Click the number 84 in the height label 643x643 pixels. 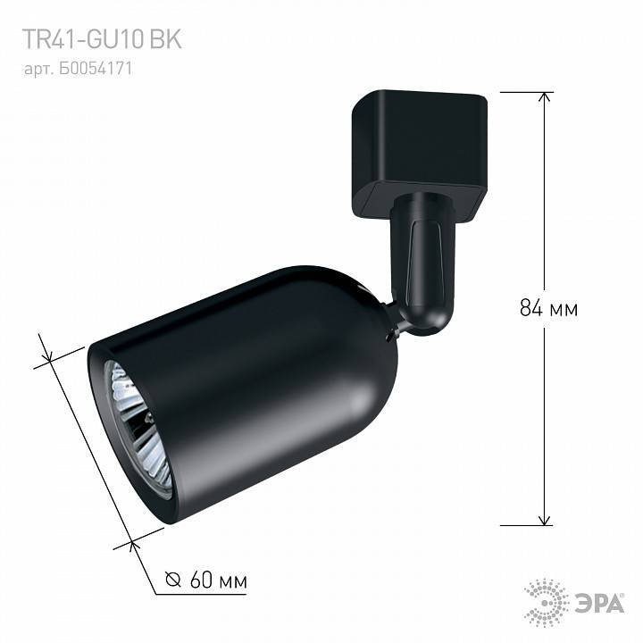click(x=530, y=309)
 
